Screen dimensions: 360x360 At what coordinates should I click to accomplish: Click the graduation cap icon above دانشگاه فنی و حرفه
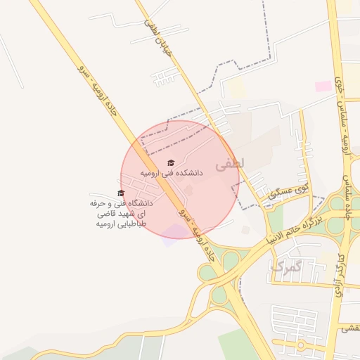pyautogui.click(x=120, y=193)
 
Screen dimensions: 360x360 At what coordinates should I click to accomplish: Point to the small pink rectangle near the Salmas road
pyautogui.click(x=323, y=86)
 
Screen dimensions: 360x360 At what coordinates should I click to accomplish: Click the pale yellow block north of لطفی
pyautogui.click(x=237, y=88)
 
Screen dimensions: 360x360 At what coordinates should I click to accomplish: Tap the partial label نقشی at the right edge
pyautogui.click(x=350, y=328)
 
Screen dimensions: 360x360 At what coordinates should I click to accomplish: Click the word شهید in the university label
pyautogui.click(x=133, y=214)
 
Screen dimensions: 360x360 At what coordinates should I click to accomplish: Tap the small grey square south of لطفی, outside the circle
pyautogui.click(x=245, y=230)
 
